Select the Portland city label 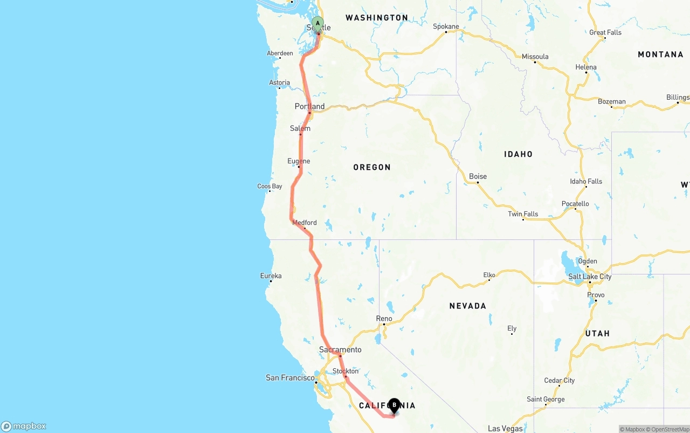coord(309,106)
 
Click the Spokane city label coord(446,26)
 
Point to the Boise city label coord(478,176)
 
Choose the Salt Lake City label coord(590,277)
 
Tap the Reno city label coord(384,319)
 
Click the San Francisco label coord(290,377)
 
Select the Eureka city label coord(271,276)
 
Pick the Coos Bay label coord(270,187)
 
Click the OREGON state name coord(372,167)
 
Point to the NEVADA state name coord(468,306)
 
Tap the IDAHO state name coord(518,154)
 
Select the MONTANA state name coord(660,54)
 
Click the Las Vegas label coord(505,429)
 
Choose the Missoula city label coord(535,57)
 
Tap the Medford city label coord(305,223)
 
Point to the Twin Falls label coord(523,214)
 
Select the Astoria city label coord(279,83)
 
